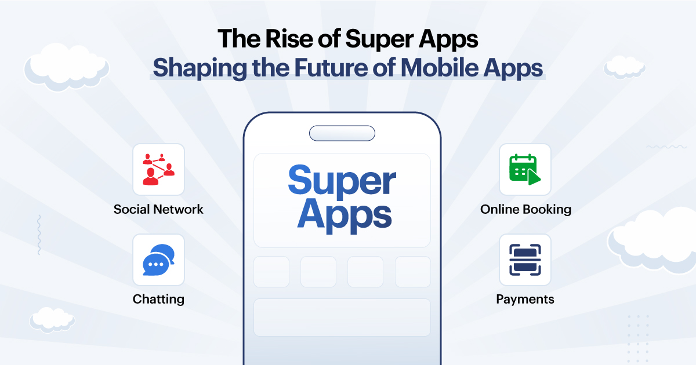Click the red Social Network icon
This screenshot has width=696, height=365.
158,169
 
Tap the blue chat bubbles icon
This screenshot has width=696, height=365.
158,260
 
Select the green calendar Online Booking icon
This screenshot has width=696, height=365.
525,169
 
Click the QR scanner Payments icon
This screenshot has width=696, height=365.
525,260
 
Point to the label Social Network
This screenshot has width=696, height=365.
158,209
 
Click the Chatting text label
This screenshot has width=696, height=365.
158,299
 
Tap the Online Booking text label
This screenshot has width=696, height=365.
525,209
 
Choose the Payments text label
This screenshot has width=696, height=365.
525,299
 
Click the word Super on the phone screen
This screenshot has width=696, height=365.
342,181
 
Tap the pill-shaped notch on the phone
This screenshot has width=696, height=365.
342,133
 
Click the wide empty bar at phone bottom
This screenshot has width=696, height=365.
342,317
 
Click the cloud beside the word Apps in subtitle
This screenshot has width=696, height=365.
625,67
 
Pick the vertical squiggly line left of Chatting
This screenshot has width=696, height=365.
39,235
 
